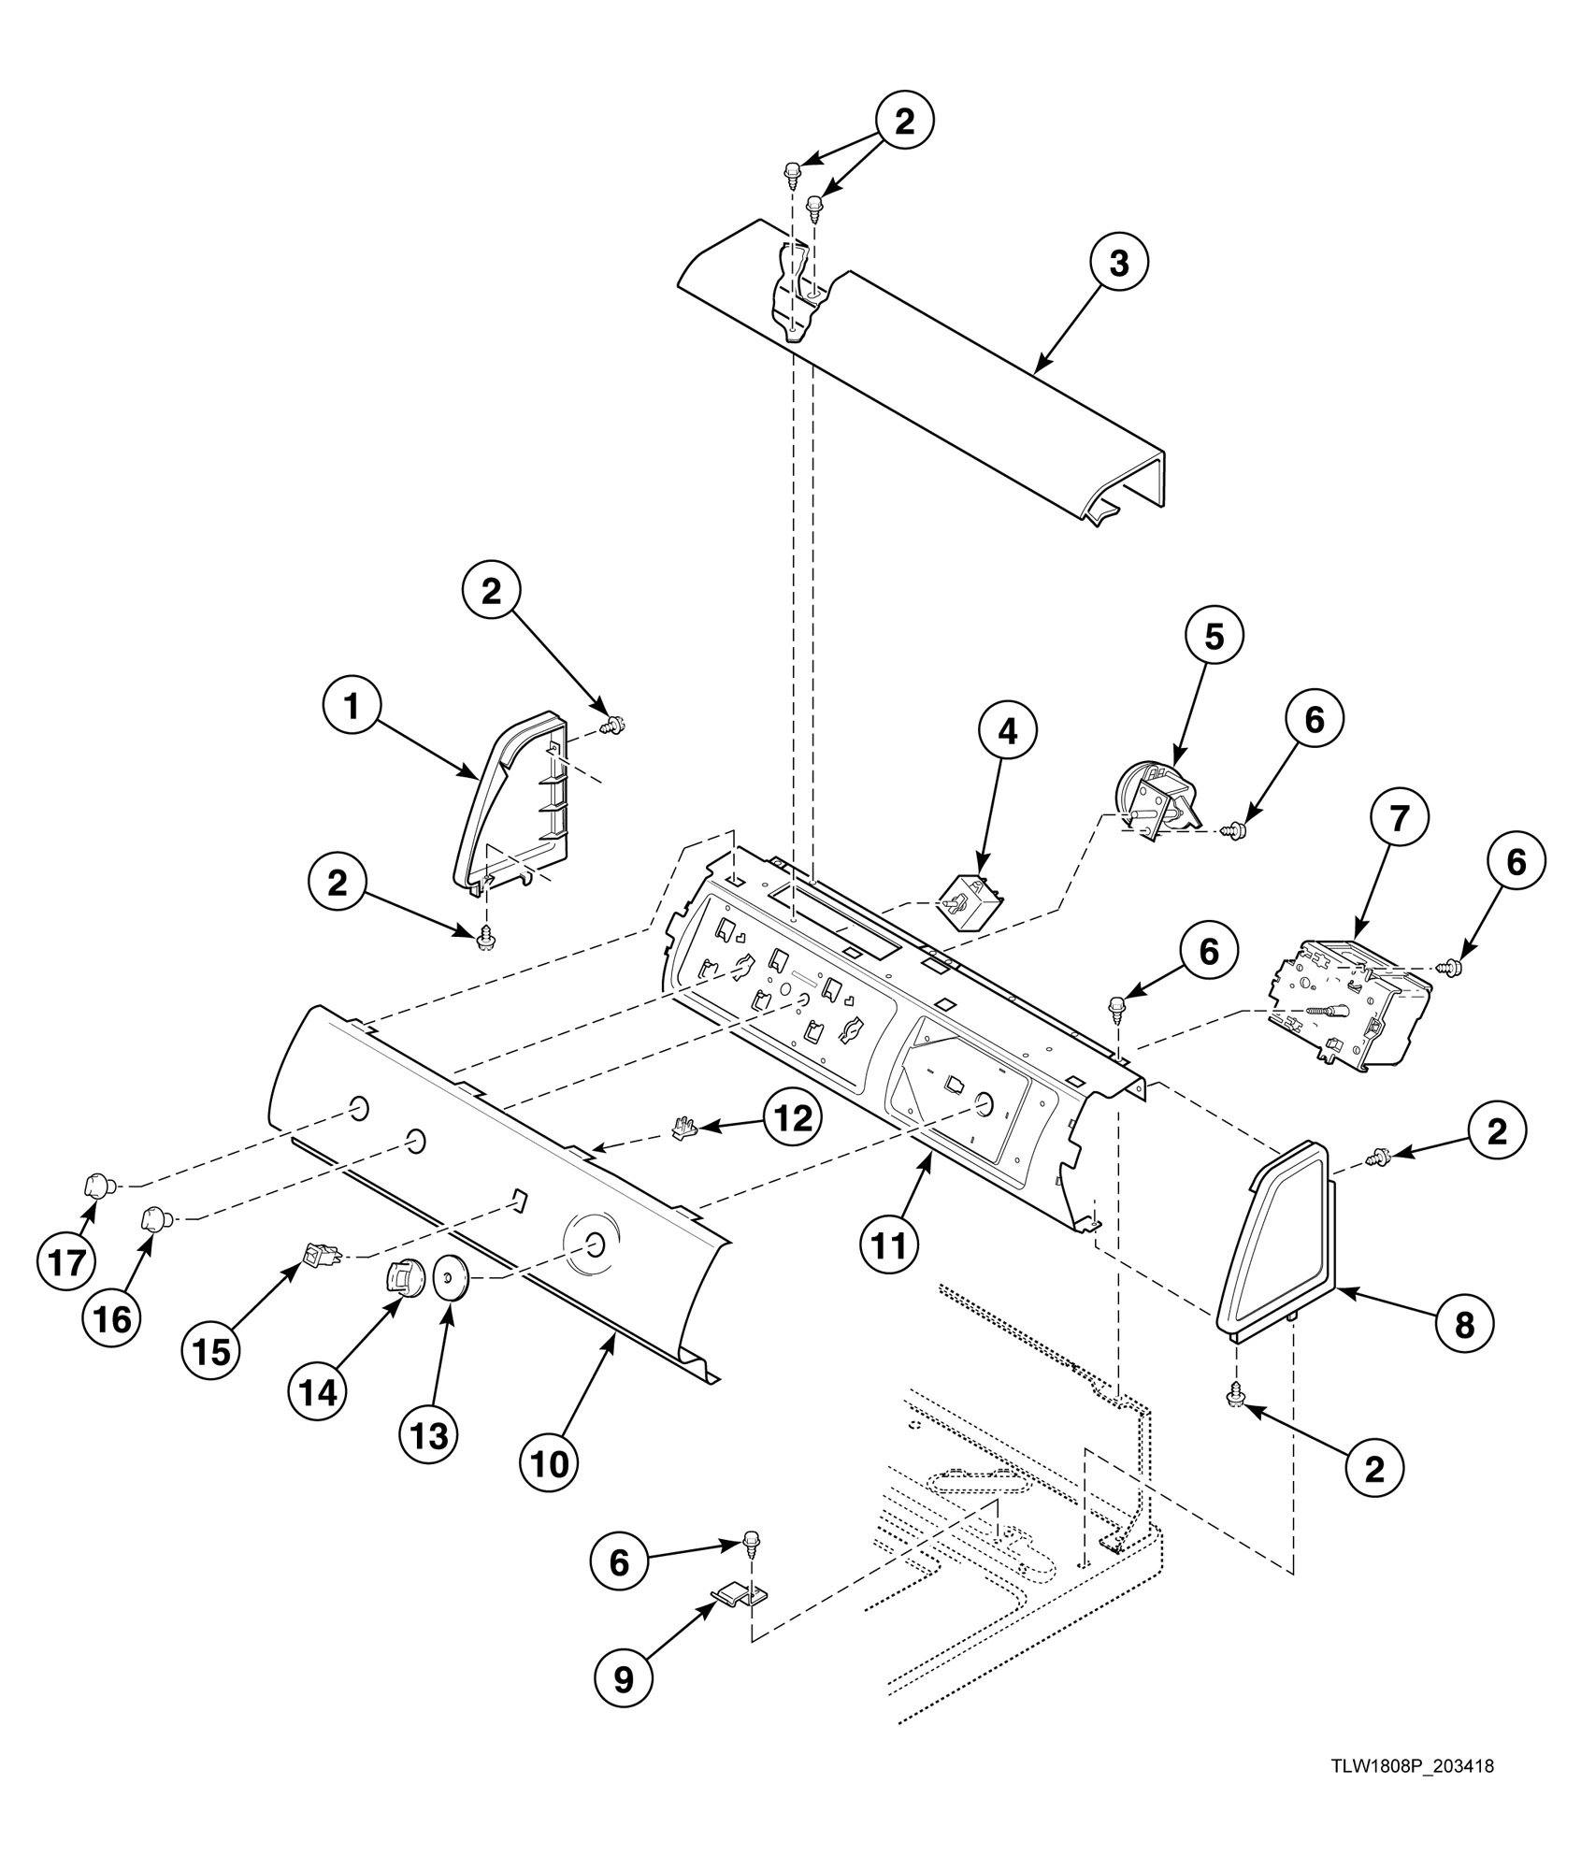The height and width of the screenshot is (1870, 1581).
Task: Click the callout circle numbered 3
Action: pos(1118,265)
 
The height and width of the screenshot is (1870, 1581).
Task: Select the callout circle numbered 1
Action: pos(352,708)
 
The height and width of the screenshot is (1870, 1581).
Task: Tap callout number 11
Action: pos(889,1244)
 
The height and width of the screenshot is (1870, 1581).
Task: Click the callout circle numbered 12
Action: pos(793,1119)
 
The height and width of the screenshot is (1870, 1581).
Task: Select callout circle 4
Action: pos(1007,733)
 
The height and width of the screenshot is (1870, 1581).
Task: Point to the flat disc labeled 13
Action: pos(451,1275)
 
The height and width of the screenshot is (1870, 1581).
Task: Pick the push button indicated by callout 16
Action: pos(154,1219)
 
